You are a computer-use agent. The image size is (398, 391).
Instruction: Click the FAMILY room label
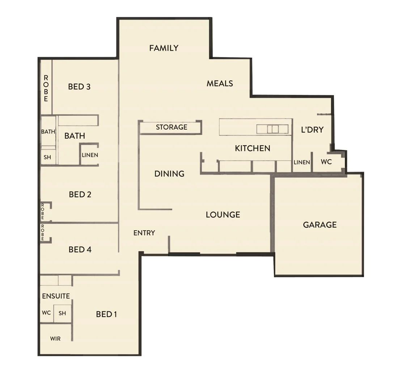tap(164, 48)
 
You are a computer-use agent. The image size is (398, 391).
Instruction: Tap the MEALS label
tap(220, 83)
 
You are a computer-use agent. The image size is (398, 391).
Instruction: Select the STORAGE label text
tap(172, 127)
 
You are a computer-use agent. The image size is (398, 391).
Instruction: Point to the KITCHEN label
tap(253, 148)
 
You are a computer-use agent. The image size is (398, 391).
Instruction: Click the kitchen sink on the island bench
tap(272, 129)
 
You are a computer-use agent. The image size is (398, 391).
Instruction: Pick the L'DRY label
tap(312, 130)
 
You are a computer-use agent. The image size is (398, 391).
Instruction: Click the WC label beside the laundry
tap(326, 162)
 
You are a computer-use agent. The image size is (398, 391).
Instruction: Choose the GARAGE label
tap(320, 225)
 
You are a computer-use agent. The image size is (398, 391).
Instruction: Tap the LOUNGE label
tap(223, 215)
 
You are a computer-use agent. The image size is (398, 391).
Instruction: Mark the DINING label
tap(169, 174)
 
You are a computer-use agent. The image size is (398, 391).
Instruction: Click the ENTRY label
tap(144, 233)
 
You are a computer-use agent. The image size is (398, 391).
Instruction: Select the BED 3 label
tap(79, 87)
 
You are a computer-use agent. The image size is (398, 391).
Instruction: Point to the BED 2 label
tap(80, 194)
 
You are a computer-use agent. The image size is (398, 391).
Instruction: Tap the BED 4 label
tap(80, 249)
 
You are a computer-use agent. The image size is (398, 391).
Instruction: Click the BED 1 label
tap(106, 314)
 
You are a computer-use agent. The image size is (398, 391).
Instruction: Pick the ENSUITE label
tap(56, 296)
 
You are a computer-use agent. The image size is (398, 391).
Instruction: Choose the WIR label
tap(55, 339)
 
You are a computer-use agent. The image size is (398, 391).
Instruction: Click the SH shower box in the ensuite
tap(62, 313)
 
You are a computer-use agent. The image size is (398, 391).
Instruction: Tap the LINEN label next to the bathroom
tap(90, 155)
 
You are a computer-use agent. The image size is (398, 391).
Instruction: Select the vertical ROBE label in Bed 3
tap(46, 88)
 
